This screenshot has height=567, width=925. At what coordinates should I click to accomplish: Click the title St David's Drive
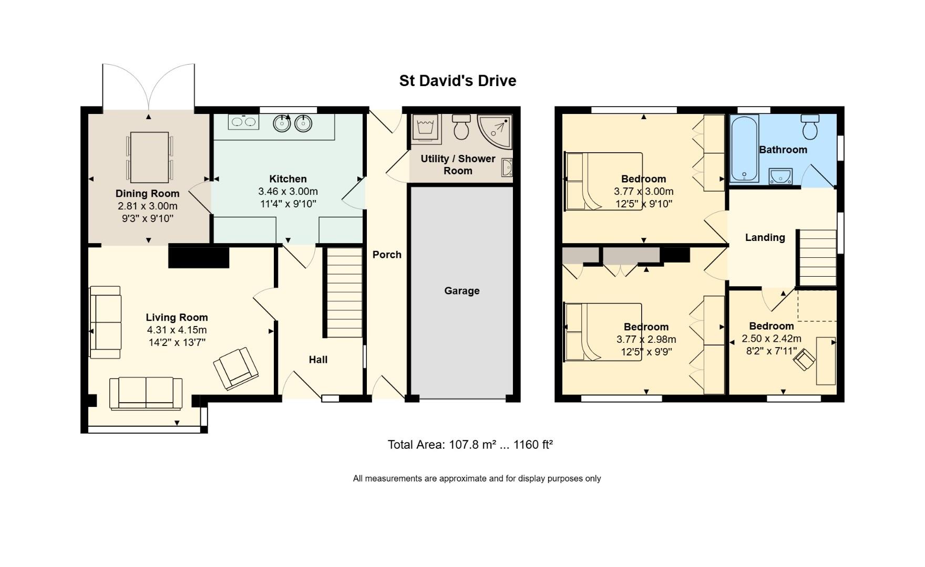click(457, 81)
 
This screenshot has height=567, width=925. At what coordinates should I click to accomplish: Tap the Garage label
click(461, 291)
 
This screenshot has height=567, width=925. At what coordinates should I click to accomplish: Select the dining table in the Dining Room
click(149, 157)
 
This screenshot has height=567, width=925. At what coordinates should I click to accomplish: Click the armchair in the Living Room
click(236, 369)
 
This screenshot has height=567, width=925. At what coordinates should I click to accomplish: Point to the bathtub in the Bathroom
click(744, 149)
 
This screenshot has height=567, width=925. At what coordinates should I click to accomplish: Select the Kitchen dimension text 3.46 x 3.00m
click(287, 192)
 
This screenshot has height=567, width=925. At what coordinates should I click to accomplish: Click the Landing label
click(765, 237)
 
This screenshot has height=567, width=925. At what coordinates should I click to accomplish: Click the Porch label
click(387, 255)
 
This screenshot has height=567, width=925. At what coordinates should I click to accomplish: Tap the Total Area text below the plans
click(470, 445)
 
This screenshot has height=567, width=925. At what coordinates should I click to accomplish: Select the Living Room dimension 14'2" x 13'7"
click(177, 343)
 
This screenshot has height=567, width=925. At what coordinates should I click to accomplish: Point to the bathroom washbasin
click(780, 176)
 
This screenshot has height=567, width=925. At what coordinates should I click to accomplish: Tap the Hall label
click(318, 360)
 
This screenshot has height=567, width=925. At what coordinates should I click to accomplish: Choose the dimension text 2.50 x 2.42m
click(771, 339)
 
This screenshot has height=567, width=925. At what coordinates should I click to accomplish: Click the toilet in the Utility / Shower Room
click(461, 127)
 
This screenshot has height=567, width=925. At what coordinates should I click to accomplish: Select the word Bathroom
click(783, 150)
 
